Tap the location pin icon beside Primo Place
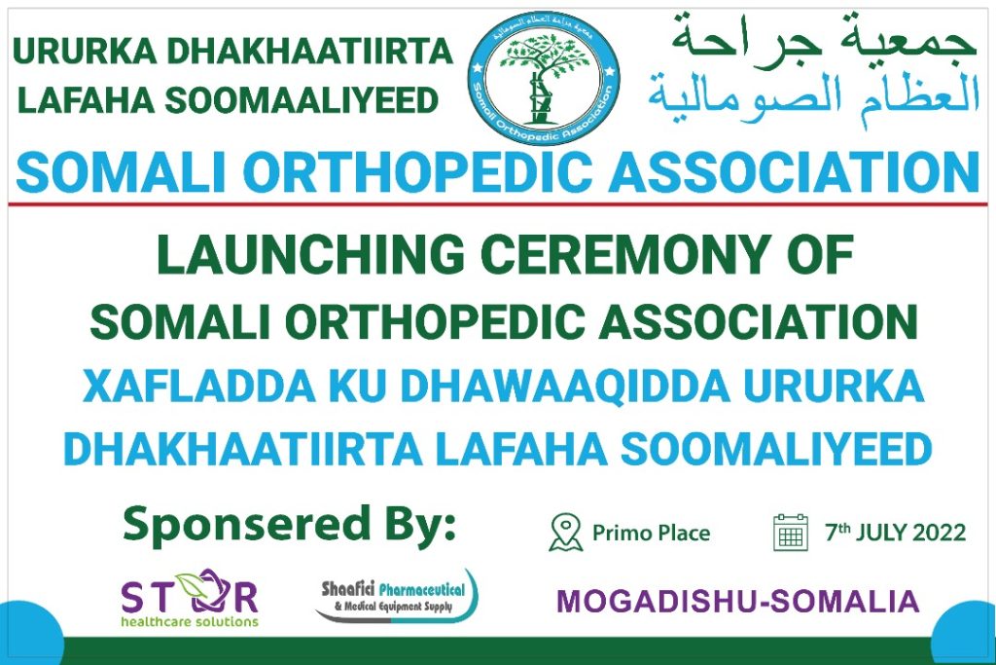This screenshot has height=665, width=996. [x=565, y=533]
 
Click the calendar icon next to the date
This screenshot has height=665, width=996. [x=791, y=533]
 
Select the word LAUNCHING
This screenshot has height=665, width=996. [x=311, y=254]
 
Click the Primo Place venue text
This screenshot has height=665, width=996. [x=651, y=533]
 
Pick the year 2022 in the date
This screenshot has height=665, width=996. [x=939, y=533]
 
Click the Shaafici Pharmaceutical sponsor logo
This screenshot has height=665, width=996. [x=397, y=596]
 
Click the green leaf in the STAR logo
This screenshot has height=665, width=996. [x=190, y=582]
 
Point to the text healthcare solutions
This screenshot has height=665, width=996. [x=190, y=621]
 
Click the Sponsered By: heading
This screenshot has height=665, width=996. [x=290, y=525]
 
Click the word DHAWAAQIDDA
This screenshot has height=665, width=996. [x=565, y=386]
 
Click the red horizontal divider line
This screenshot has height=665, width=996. [x=498, y=204]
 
